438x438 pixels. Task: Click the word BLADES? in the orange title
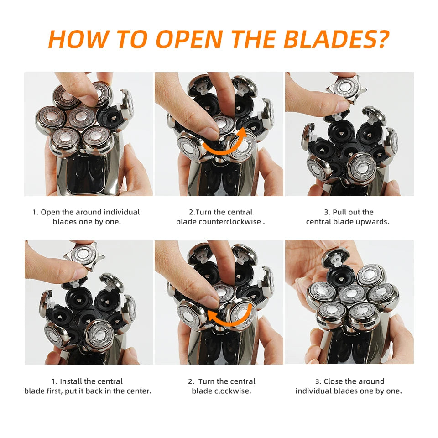click(x=336, y=39)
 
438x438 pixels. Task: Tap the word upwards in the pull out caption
click(x=374, y=222)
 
